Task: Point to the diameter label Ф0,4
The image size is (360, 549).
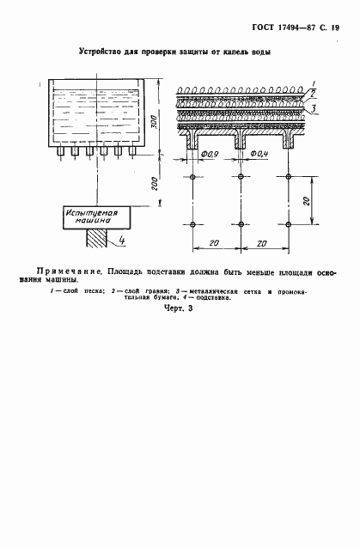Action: (257, 155)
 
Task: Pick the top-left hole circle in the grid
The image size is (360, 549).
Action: (193, 177)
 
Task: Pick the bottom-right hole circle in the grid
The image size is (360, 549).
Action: (288, 224)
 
